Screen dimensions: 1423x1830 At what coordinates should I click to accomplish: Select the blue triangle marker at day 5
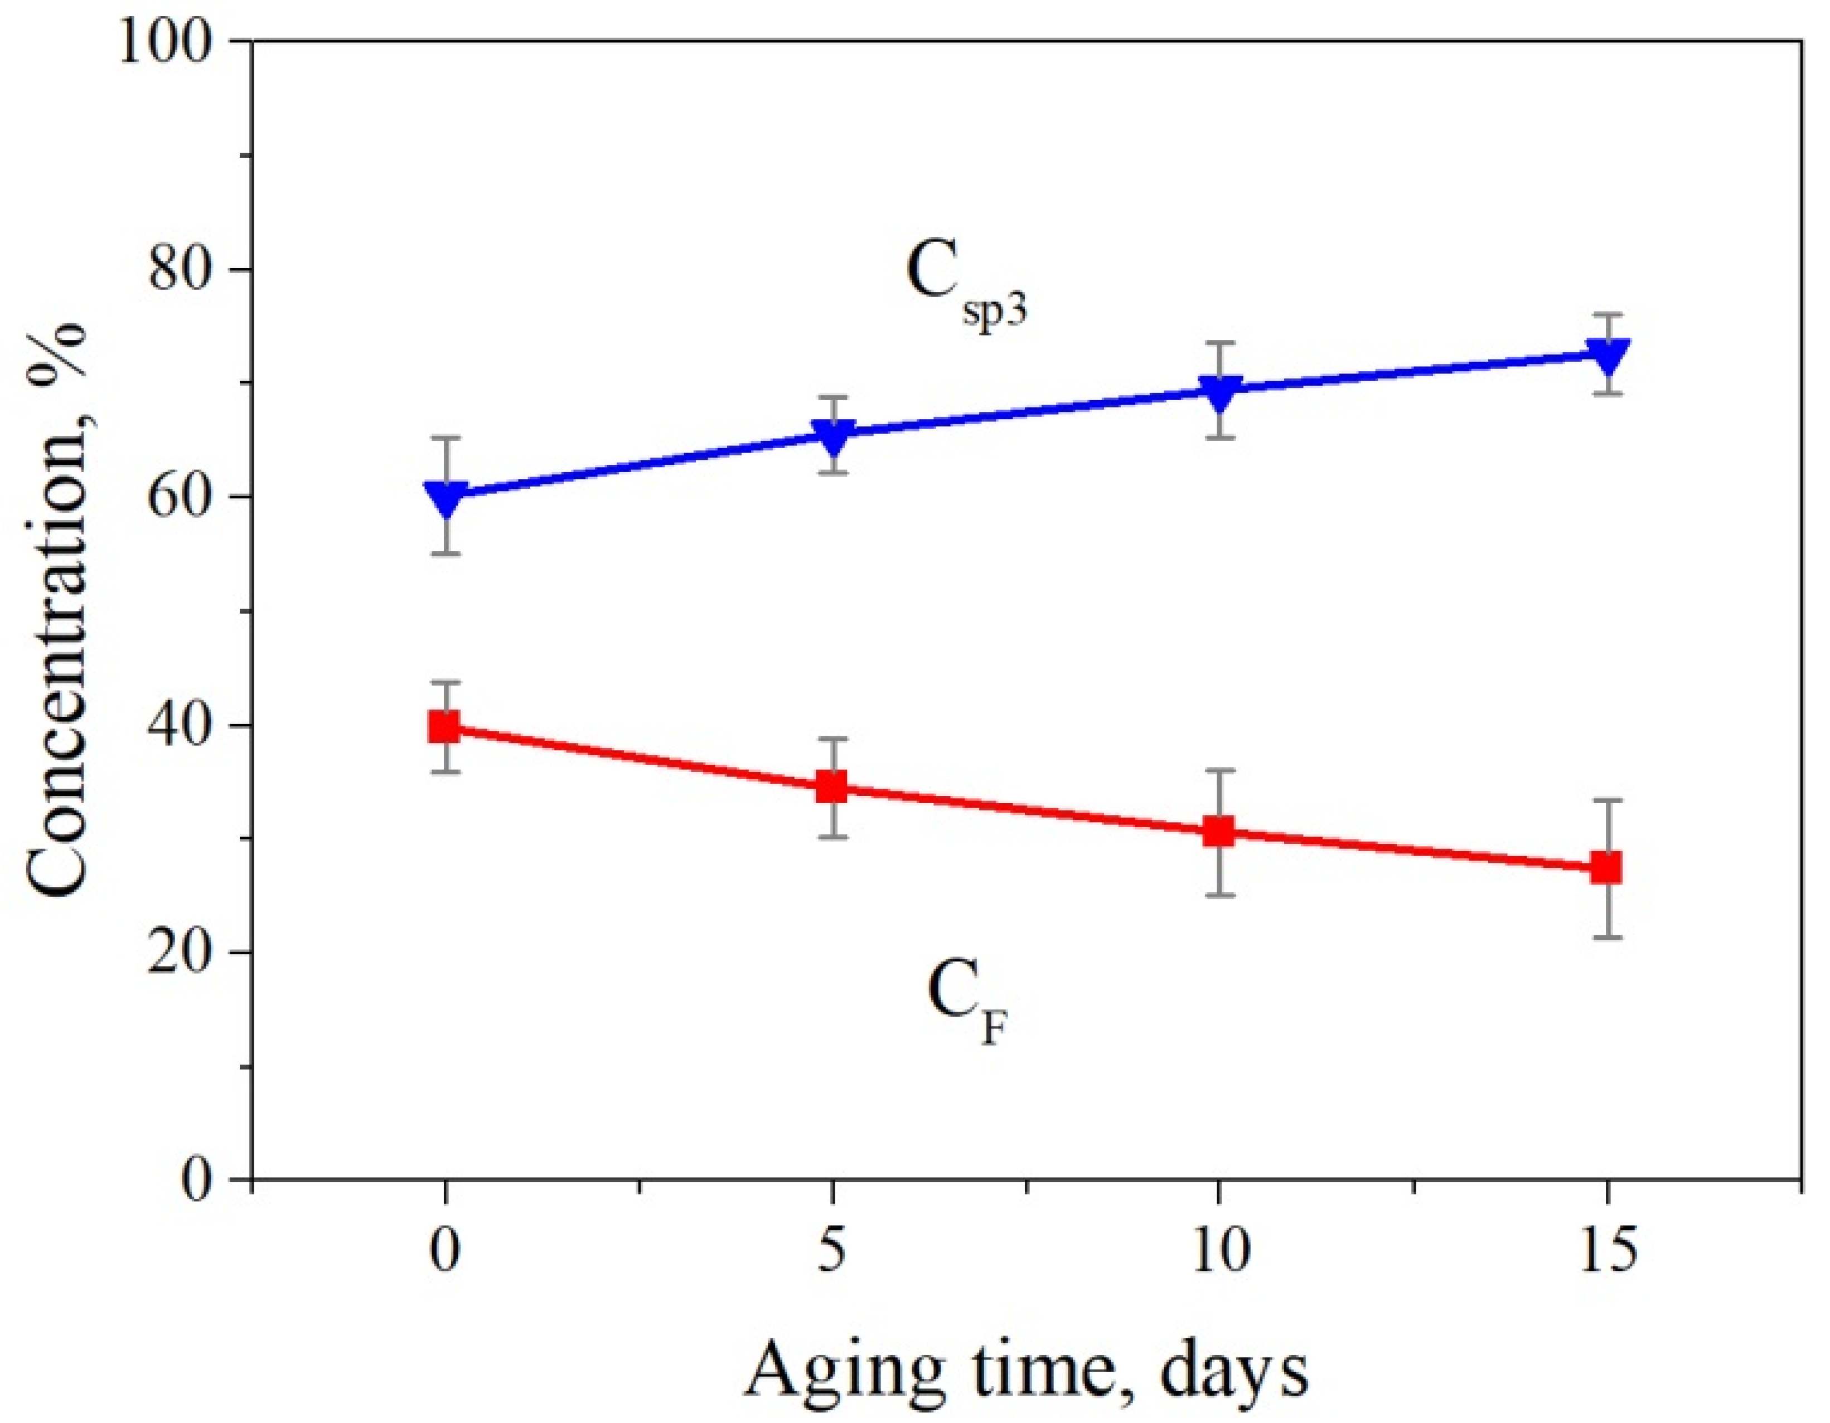[x=832, y=435]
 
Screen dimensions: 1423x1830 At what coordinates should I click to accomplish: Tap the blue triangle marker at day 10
[x=1219, y=392]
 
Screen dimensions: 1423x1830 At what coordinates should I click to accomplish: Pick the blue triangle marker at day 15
[x=1607, y=355]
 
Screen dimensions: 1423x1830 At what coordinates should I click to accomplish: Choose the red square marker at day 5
[x=832, y=787]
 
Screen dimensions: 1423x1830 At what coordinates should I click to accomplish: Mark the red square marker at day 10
[x=1219, y=832]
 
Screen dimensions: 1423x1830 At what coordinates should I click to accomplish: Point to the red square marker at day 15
[x=1607, y=868]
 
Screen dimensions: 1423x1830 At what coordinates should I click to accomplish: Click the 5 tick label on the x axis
[x=830, y=1252]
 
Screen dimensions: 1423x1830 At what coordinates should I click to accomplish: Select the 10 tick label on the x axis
[x=1219, y=1252]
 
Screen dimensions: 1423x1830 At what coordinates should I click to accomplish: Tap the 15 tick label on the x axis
[x=1607, y=1252]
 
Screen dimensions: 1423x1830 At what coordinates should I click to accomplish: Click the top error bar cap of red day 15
[x=1607, y=801]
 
